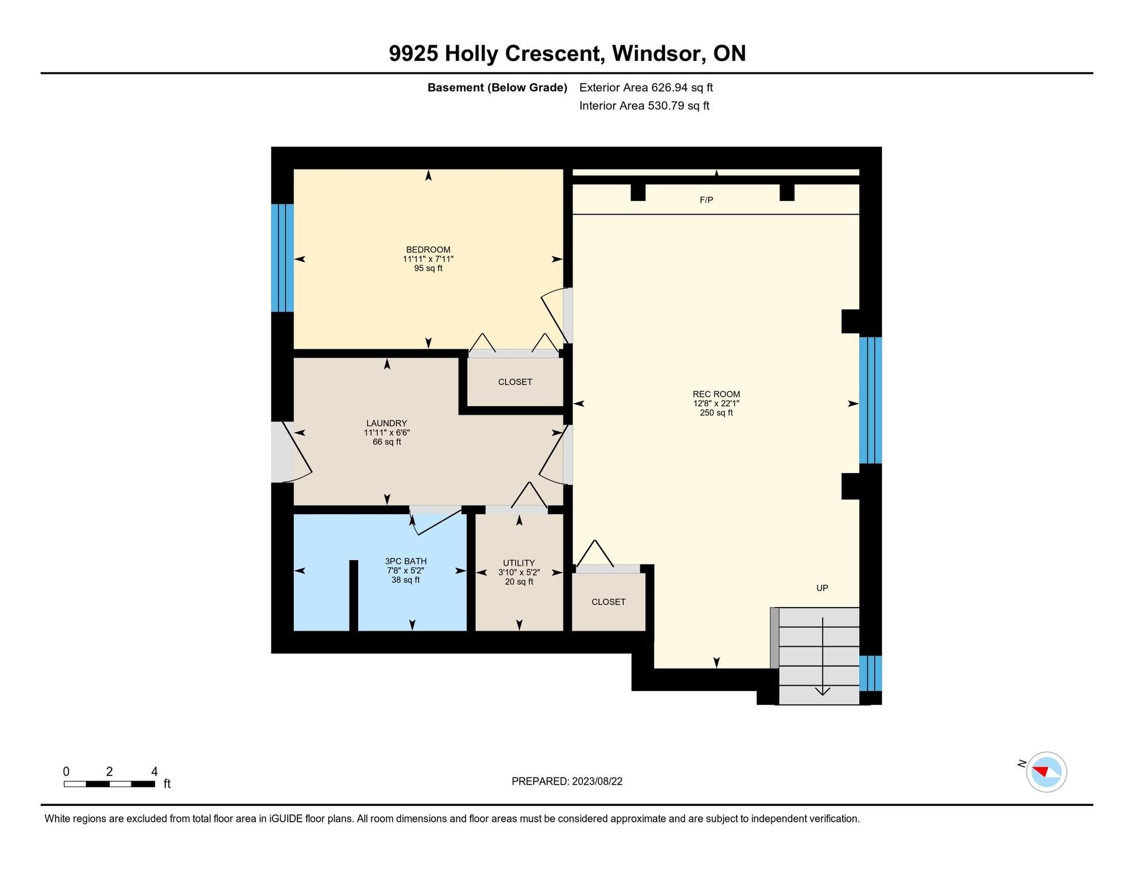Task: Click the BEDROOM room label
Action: point(428,250)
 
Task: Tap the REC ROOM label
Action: point(716,395)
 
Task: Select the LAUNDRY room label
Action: point(386,423)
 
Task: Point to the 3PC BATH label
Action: point(406,561)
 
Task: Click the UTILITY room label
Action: point(519,563)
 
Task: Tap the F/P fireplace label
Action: point(707,200)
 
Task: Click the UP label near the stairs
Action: point(822,588)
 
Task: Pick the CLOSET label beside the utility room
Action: point(609,602)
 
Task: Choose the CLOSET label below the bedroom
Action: point(515,382)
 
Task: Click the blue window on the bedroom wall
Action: point(282,258)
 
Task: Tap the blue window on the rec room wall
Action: point(870,400)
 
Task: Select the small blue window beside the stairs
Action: point(870,673)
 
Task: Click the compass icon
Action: point(1047,772)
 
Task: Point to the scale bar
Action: point(109,784)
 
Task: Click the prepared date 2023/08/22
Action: point(597,781)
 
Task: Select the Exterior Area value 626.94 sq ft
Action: point(682,87)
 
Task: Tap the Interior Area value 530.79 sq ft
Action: point(678,106)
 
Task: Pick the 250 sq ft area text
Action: point(716,413)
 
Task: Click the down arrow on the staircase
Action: point(823,656)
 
